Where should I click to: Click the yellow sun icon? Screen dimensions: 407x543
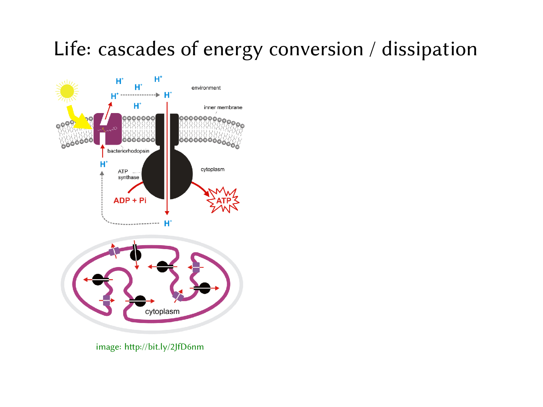pyautogui.click(x=67, y=91)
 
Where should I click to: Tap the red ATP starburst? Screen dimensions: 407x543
pyautogui.click(x=223, y=200)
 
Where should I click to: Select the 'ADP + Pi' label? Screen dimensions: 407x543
pyautogui.click(x=130, y=201)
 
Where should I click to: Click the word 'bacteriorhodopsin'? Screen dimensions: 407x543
pyautogui.click(x=128, y=151)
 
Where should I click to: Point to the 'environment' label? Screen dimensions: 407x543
pyautogui.click(x=206, y=88)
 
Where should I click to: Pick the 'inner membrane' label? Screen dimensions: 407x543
pyautogui.click(x=223, y=107)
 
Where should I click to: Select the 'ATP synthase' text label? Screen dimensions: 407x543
pyautogui.click(x=128, y=174)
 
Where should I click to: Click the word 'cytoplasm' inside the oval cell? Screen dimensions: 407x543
pyautogui.click(x=162, y=312)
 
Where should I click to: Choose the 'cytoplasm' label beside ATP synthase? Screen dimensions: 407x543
pyautogui.click(x=213, y=169)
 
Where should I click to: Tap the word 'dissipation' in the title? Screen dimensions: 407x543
pyautogui.click(x=429, y=49)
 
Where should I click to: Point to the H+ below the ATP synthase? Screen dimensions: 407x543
pyautogui.click(x=168, y=223)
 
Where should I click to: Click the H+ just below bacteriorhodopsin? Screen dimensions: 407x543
pyautogui.click(x=104, y=164)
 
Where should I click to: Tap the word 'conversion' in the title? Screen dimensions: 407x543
pyautogui.click(x=316, y=49)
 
